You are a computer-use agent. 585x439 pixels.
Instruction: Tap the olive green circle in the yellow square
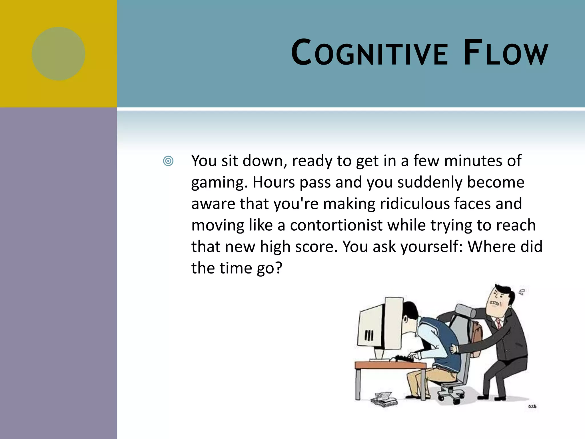click(x=59, y=54)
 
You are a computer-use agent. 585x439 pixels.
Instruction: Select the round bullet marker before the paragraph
click(x=168, y=161)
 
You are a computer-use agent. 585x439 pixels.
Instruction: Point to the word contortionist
click(x=336, y=225)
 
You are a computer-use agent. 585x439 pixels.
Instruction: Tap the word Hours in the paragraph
click(x=274, y=182)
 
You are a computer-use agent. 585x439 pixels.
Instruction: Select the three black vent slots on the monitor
click(x=369, y=335)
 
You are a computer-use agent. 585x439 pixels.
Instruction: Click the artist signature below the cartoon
click(x=532, y=406)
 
